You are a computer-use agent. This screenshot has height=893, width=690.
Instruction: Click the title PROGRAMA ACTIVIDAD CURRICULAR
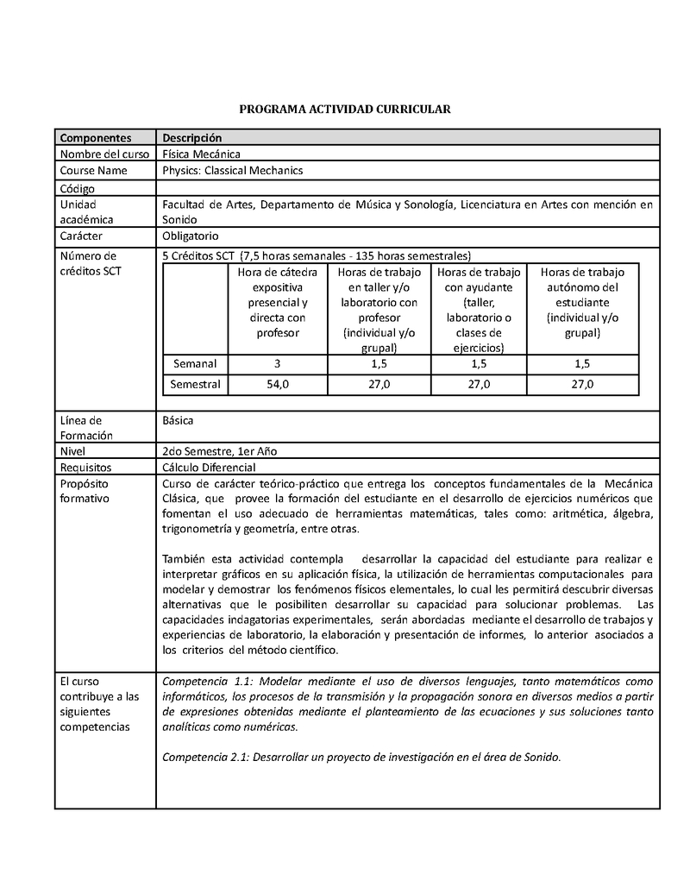344,110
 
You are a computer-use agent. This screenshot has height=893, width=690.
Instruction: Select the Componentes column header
95,138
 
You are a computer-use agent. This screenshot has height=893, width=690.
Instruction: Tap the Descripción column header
191,138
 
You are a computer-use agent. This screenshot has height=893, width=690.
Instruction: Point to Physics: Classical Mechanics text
232,170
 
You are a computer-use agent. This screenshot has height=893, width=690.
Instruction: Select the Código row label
77,188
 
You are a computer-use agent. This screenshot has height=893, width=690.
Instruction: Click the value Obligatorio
191,236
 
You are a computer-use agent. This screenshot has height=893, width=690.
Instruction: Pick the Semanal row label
195,363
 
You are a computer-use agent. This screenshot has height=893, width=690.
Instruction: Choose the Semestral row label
195,384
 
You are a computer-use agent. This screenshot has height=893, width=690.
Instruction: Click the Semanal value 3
278,363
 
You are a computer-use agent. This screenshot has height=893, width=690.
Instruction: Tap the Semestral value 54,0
278,384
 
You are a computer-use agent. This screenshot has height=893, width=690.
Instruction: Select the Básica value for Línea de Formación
178,420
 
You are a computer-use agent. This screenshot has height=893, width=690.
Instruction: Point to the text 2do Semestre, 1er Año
219,451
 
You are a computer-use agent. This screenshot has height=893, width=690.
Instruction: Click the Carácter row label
81,236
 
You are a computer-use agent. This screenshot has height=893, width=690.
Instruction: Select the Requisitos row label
85,468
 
